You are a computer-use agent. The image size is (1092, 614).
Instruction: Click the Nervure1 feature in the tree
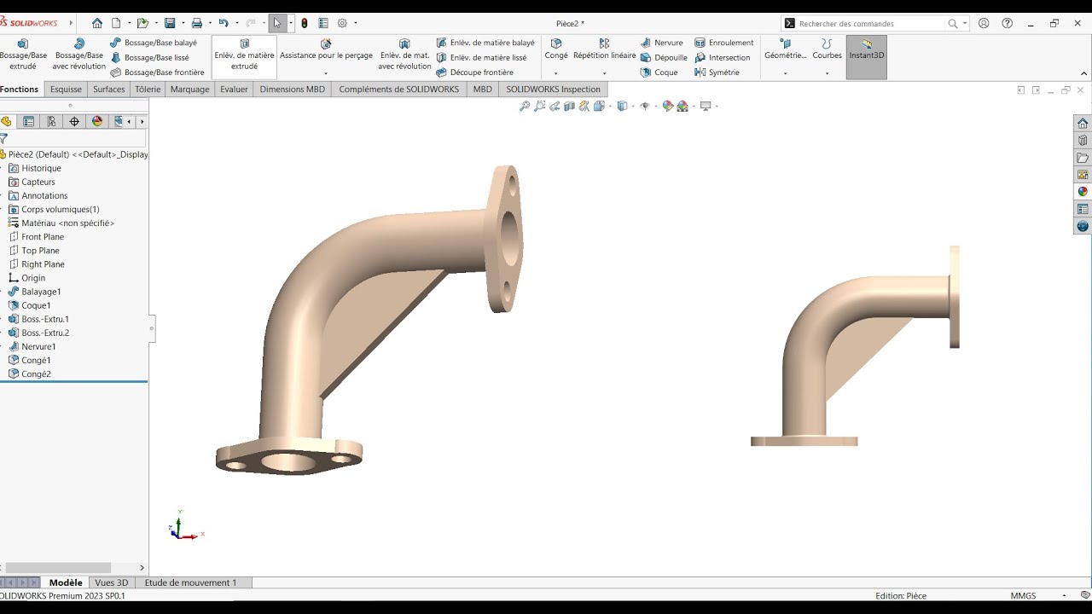coord(38,346)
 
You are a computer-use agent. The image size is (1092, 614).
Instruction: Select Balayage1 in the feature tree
coord(41,292)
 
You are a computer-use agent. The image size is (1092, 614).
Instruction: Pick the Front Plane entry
coord(43,237)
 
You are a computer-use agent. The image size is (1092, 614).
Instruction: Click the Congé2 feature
coord(36,374)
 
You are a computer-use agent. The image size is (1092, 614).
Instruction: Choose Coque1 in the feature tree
coord(36,305)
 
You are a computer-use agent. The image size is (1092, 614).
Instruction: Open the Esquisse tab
coord(66,89)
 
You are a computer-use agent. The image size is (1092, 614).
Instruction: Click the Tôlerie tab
coord(148,89)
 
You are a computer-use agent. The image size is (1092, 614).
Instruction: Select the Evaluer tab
coord(234,89)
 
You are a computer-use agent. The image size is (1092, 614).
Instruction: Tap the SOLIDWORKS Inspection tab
coord(553,89)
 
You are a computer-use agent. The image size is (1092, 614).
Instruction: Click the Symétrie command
coord(723,72)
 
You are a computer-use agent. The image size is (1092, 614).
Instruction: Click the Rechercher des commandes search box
coord(870,24)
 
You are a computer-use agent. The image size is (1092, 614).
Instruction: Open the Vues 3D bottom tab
coord(112,582)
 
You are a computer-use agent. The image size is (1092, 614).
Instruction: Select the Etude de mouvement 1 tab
coord(190,582)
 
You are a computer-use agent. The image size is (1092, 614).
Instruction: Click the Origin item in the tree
coord(33,278)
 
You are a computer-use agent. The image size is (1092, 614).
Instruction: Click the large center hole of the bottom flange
coord(288,463)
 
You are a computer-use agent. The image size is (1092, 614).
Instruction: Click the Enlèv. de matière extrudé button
coord(244,55)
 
